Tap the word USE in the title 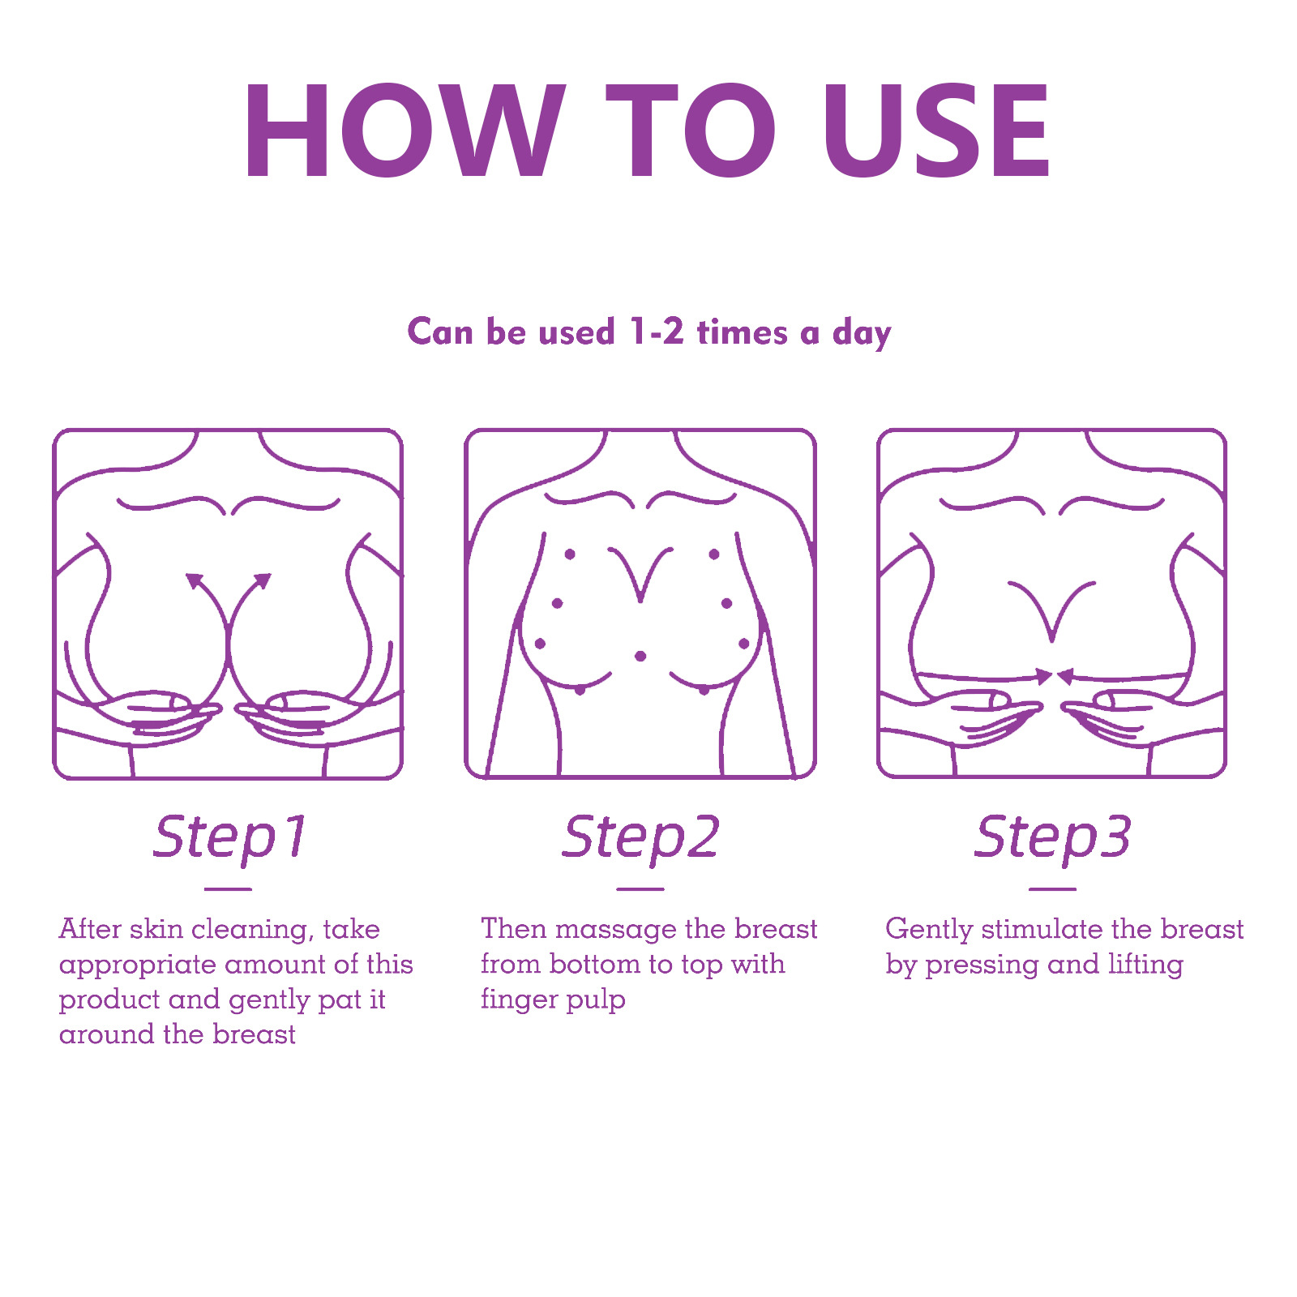click(x=936, y=131)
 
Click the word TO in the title click(x=691, y=131)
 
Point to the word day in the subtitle click(x=862, y=334)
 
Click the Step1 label click(x=229, y=837)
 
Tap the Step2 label click(x=640, y=837)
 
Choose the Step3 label click(x=1052, y=837)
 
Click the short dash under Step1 click(x=228, y=889)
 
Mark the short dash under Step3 click(x=1052, y=889)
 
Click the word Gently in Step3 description click(x=928, y=931)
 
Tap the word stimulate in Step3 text click(x=1041, y=931)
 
